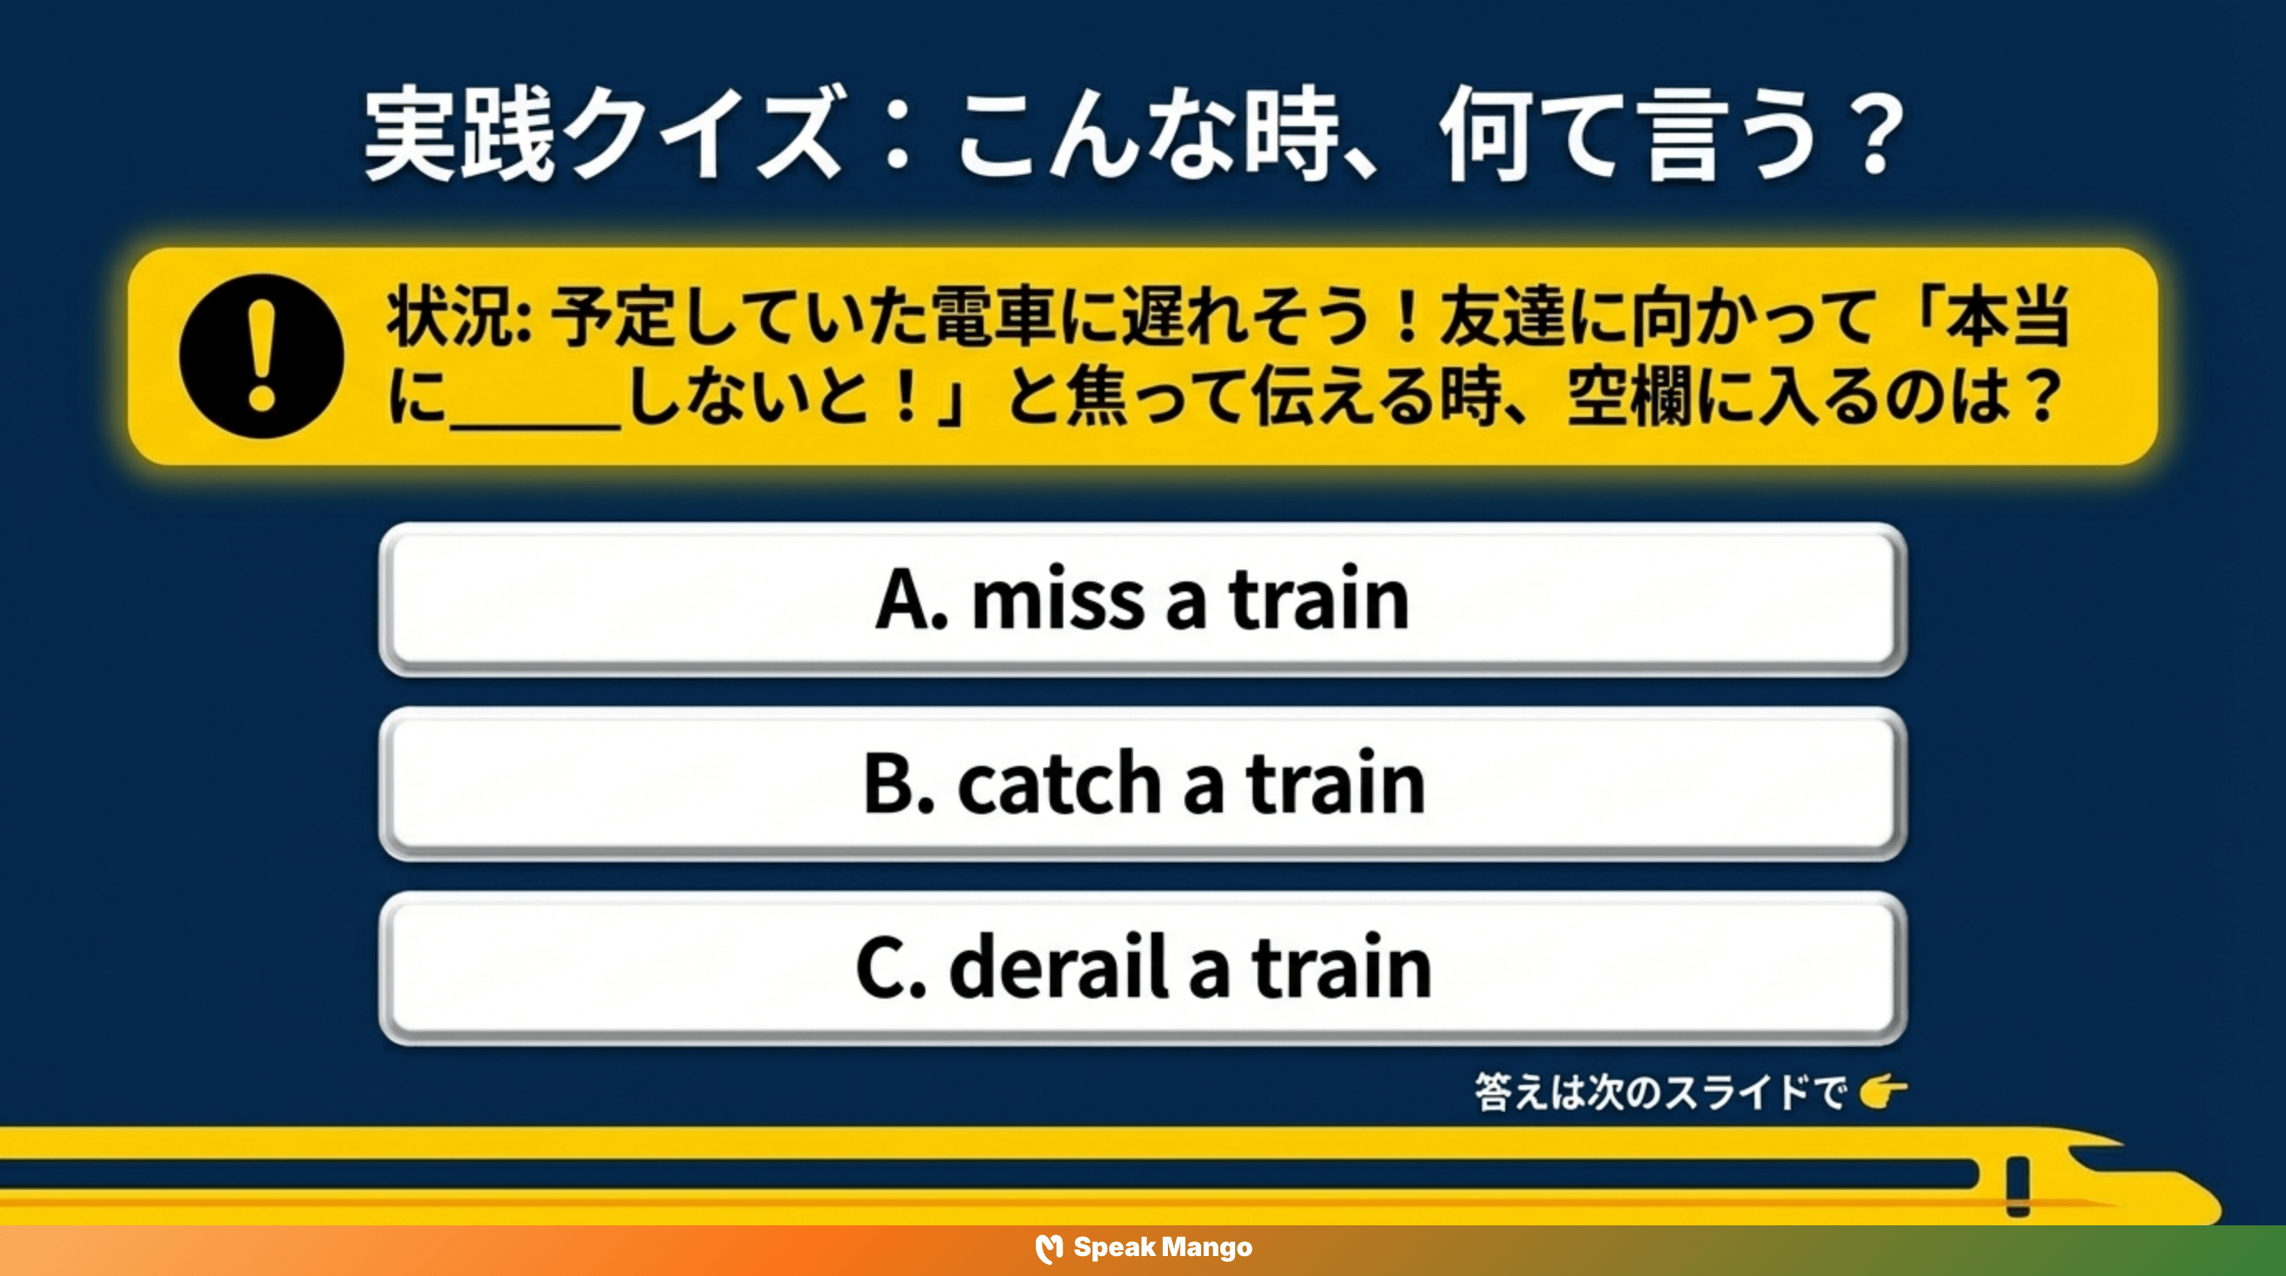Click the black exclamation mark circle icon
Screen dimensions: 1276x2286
[261, 356]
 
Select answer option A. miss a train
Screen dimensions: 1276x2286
[1143, 600]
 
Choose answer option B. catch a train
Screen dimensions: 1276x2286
[1143, 783]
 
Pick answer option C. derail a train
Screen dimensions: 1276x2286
[1143, 968]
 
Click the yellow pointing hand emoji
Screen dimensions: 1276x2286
[1882, 1091]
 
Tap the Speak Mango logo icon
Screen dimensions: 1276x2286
[1049, 1249]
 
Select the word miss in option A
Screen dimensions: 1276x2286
[1057, 600]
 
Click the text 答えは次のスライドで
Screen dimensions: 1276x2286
[1660, 1092]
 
